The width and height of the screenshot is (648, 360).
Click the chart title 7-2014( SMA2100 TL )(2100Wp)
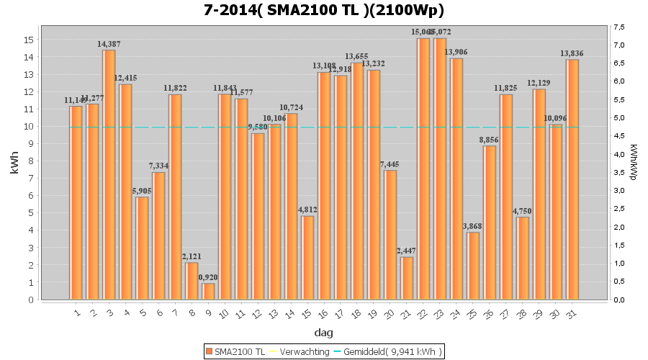coord(324,10)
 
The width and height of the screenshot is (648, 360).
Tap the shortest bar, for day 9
coord(208,291)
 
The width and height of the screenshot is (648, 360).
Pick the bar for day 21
coord(407,278)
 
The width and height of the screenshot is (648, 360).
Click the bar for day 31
coord(572,179)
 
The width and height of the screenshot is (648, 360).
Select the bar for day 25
coord(473,266)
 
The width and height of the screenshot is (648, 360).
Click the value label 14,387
coord(109,44)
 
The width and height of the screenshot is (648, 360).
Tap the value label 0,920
coord(208,277)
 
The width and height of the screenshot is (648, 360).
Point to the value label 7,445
coord(390,164)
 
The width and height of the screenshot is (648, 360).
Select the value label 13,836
coord(572,53)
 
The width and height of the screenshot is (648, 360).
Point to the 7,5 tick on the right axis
coord(618,27)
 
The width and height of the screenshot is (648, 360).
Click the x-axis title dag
coord(324,333)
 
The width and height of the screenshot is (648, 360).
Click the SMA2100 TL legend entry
coord(235,351)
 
